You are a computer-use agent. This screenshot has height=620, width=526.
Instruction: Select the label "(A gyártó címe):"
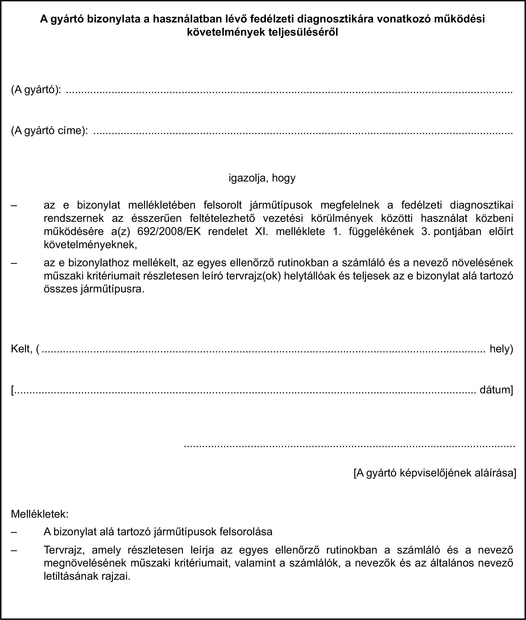pyautogui.click(x=49, y=131)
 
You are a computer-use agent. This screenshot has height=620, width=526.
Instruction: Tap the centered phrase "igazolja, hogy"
pyautogui.click(x=262, y=178)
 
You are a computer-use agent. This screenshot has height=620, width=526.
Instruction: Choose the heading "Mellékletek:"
pyautogui.click(x=40, y=514)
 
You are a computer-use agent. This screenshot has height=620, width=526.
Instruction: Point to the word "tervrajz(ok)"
pyautogui.click(x=253, y=276)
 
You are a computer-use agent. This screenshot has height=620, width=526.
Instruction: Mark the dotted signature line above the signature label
pyautogui.click(x=350, y=446)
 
